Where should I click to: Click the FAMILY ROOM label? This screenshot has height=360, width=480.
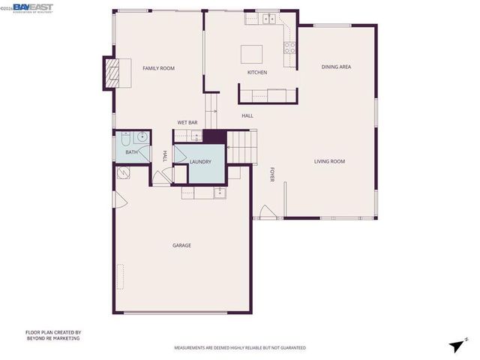click(x=158, y=68)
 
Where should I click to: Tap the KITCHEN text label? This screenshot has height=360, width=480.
click(x=257, y=73)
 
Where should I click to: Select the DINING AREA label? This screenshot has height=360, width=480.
click(x=336, y=67)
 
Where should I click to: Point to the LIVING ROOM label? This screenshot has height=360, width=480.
click(x=329, y=161)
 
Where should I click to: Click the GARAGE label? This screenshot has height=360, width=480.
click(x=181, y=245)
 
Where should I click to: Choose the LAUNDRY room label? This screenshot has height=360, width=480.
click(x=200, y=161)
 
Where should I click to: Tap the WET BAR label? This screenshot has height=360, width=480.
click(x=187, y=122)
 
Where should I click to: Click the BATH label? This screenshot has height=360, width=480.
click(x=131, y=152)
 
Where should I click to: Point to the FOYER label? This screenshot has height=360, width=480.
click(x=273, y=174)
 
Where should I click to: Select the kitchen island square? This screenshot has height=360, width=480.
click(x=252, y=54)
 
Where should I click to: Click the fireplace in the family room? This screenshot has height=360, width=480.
click(x=112, y=73)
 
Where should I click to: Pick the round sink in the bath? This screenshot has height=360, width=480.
click(x=141, y=138)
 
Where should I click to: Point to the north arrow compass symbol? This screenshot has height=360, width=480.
click(x=456, y=344)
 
